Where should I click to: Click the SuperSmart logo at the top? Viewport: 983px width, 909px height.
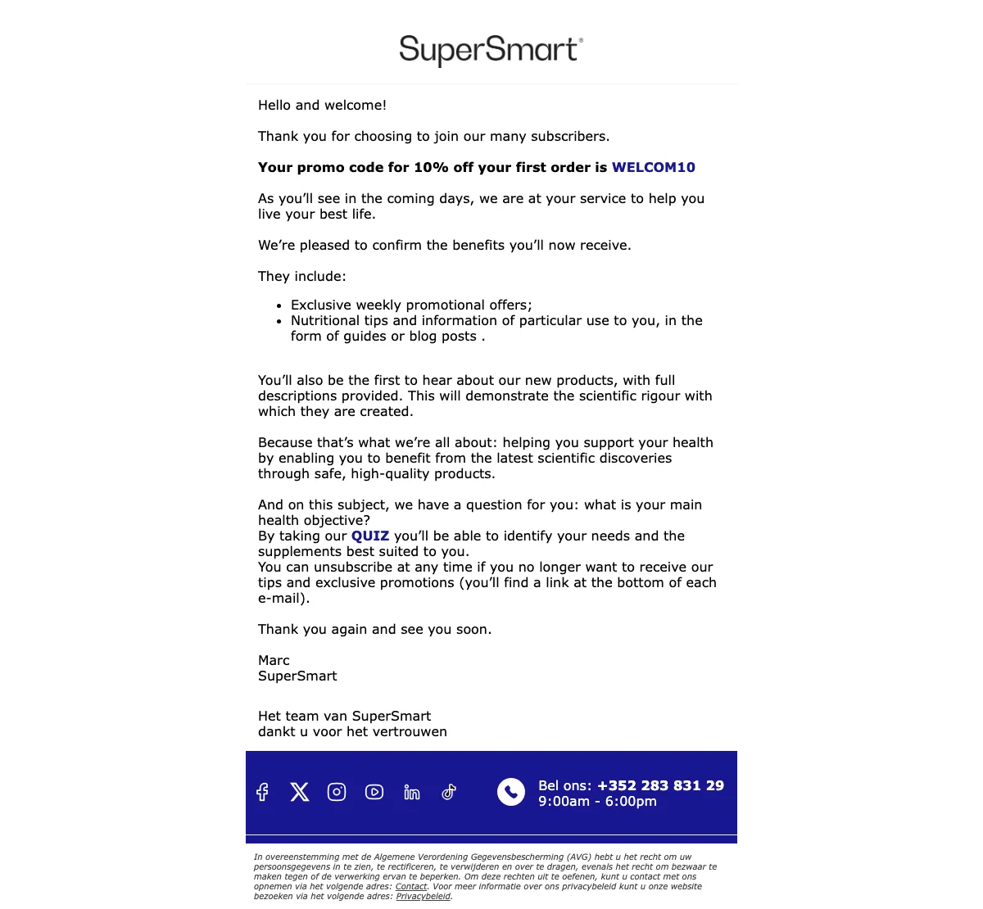click(491, 50)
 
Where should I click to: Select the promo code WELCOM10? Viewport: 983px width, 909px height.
click(653, 167)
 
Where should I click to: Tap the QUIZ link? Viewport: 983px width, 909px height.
click(370, 536)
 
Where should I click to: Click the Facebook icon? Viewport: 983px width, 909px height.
click(262, 792)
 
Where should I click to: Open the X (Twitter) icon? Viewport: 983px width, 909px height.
click(300, 792)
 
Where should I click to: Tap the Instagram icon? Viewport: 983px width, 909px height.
click(337, 792)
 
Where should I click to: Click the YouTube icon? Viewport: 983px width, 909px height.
click(374, 792)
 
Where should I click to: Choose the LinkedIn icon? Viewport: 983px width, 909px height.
click(412, 792)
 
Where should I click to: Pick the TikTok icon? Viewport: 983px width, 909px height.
click(449, 792)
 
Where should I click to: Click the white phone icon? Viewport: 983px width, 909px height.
click(511, 792)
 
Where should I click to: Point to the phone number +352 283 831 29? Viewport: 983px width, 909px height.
click(660, 785)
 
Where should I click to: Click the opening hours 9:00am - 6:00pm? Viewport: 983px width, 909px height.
click(597, 801)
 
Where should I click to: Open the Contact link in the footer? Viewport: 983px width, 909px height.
click(411, 886)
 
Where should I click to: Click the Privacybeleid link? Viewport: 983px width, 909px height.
click(423, 896)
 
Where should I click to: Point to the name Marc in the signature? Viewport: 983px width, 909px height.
click(274, 660)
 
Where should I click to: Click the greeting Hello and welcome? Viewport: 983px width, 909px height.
click(322, 105)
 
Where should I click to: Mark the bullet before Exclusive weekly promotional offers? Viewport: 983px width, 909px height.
click(279, 305)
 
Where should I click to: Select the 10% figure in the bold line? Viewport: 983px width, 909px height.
click(431, 167)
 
